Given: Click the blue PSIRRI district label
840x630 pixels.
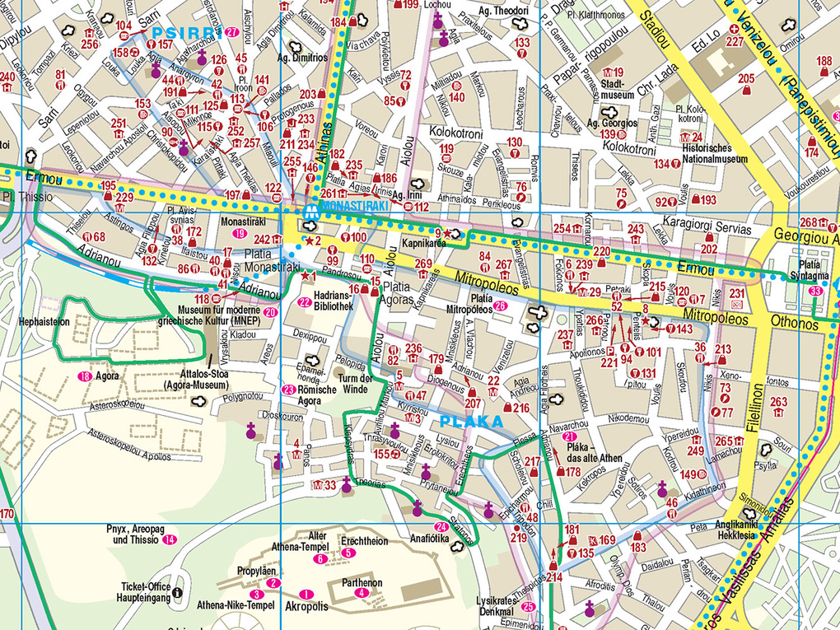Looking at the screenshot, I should click(186, 34).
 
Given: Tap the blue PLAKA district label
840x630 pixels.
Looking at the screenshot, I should click(471, 422).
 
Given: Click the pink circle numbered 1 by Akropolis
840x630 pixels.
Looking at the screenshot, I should click(308, 594).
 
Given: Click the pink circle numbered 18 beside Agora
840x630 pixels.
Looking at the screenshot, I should click(83, 376).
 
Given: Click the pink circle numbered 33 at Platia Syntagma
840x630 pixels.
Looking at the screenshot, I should click(815, 292).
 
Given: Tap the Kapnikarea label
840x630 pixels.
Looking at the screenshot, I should click(423, 244).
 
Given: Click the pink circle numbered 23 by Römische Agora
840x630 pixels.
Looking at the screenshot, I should click(288, 390).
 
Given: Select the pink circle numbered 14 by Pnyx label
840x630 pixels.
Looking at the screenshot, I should click(169, 540).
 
